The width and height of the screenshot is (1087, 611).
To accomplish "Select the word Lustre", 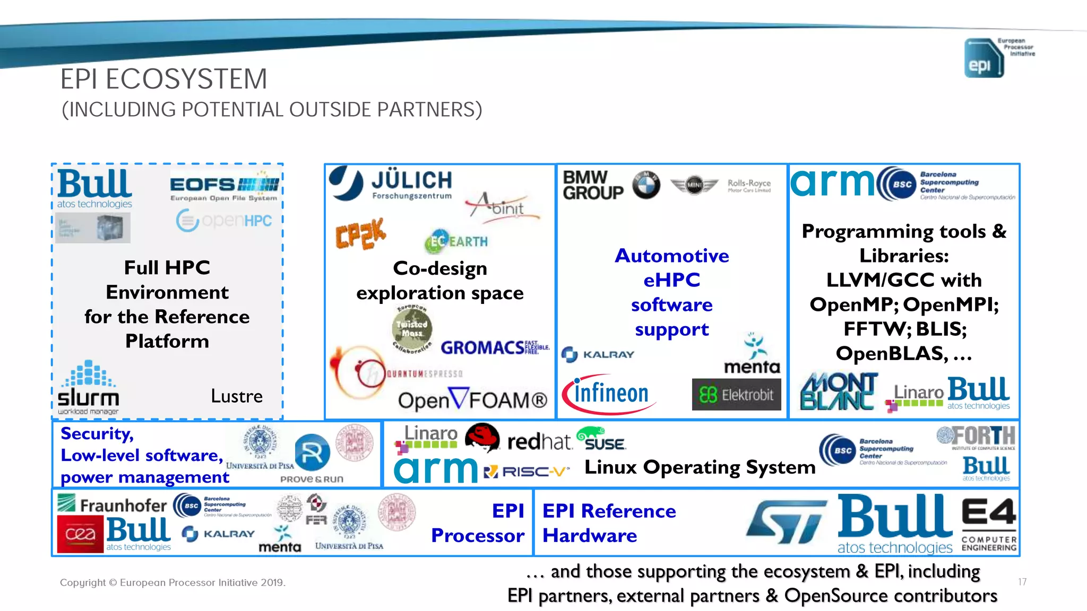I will pyautogui.click(x=237, y=396).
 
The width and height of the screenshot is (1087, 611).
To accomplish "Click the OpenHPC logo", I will pyautogui.click(x=224, y=221).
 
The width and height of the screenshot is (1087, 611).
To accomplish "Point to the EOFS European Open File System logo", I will pyautogui.click(x=224, y=188).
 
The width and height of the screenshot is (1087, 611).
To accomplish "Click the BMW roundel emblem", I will pyautogui.click(x=646, y=185).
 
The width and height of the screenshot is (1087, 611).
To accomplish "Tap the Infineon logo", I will pyautogui.click(x=608, y=394).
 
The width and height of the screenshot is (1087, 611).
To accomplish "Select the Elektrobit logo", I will pyautogui.click(x=736, y=395).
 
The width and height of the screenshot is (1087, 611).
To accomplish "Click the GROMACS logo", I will pyautogui.click(x=494, y=347).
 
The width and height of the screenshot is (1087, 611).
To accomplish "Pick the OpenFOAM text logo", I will pyautogui.click(x=472, y=400).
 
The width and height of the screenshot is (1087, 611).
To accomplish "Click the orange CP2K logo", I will pyautogui.click(x=360, y=234).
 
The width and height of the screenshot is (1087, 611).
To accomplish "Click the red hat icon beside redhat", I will pyautogui.click(x=482, y=438).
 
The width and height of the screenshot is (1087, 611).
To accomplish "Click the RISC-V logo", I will pyautogui.click(x=527, y=471).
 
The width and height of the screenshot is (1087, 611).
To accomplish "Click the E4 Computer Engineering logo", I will pyautogui.click(x=989, y=523).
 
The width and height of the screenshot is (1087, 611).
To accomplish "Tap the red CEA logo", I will pyautogui.click(x=80, y=535).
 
